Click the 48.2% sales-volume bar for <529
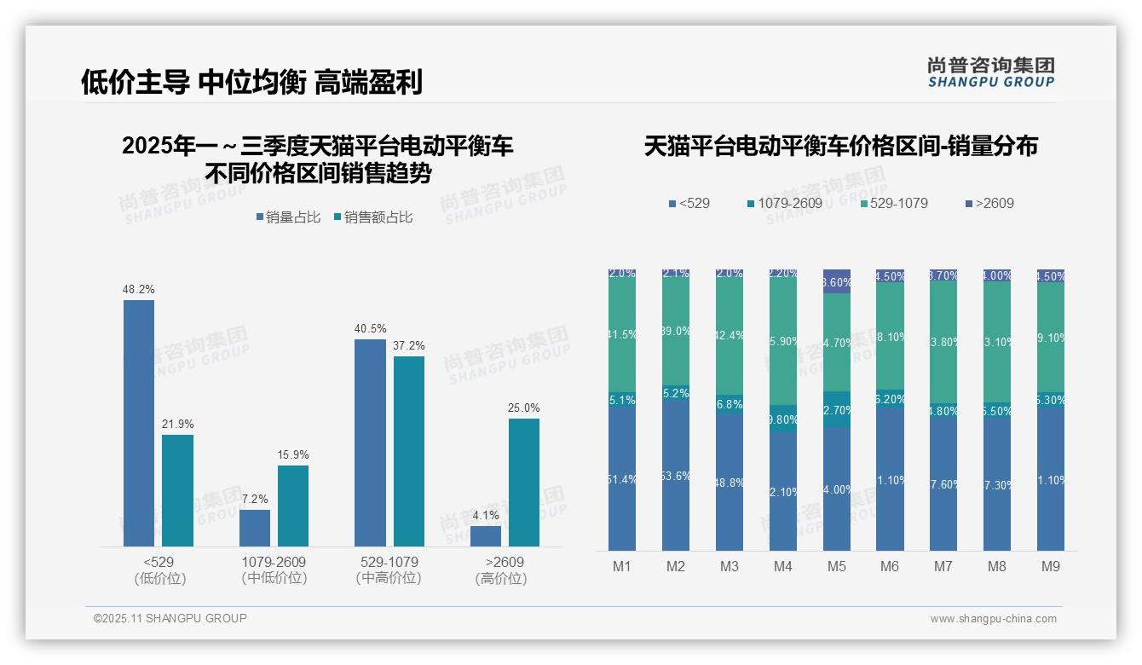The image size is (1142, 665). (x=139, y=423)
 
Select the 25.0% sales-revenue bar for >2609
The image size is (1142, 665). (x=524, y=483)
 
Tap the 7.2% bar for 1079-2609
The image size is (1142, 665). (x=255, y=528)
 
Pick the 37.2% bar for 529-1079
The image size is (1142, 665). (x=409, y=451)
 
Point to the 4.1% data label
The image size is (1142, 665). (x=486, y=515)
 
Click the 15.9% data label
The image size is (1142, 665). (x=293, y=454)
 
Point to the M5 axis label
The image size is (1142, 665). (x=836, y=567)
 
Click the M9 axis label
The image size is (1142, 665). (x=1051, y=567)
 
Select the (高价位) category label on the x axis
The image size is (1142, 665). (x=501, y=579)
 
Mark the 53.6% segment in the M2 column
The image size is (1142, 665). (x=676, y=475)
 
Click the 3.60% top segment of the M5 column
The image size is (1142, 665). (x=837, y=281)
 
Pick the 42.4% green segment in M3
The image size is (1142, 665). (x=730, y=335)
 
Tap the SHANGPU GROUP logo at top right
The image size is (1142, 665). (x=991, y=72)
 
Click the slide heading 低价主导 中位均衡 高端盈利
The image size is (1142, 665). (x=251, y=82)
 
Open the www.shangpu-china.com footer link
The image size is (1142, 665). (x=993, y=619)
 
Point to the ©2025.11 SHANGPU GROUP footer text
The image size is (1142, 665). (x=170, y=618)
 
